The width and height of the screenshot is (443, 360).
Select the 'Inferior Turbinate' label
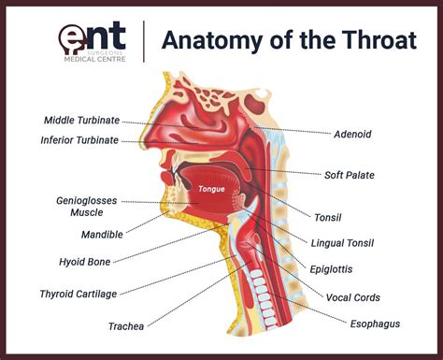click(79, 140)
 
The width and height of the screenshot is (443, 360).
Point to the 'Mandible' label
click(102, 235)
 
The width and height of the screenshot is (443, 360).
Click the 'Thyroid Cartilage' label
click(78, 294)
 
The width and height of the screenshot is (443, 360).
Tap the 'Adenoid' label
click(352, 135)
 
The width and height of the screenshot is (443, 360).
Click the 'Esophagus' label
click(376, 324)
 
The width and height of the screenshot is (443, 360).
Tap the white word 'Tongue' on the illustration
click(210, 189)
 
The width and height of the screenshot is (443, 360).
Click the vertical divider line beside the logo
click(144, 41)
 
